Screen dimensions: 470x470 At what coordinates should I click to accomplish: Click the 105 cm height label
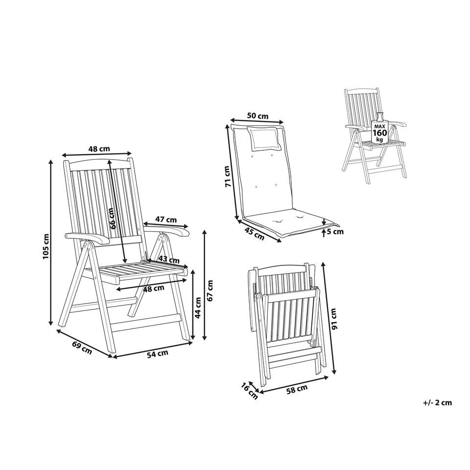point(46,247)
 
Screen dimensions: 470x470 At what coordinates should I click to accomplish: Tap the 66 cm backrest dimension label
point(112,218)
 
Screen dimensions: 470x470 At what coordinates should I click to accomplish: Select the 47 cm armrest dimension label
point(166,219)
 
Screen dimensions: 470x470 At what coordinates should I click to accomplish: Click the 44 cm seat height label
point(198,308)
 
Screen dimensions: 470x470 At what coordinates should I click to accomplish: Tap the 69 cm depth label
point(82,347)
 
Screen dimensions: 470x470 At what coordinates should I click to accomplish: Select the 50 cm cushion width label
point(258,116)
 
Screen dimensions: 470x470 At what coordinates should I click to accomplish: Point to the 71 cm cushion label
point(229,177)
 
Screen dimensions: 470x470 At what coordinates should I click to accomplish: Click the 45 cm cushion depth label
point(255,234)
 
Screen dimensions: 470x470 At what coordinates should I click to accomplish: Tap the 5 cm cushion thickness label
point(335,232)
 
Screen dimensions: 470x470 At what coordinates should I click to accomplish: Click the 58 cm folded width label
point(297,389)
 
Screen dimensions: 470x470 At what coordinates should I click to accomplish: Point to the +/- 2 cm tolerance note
point(437,403)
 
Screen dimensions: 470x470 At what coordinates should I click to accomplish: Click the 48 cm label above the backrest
point(99,148)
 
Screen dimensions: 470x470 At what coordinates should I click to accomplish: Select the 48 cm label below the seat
point(153,289)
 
